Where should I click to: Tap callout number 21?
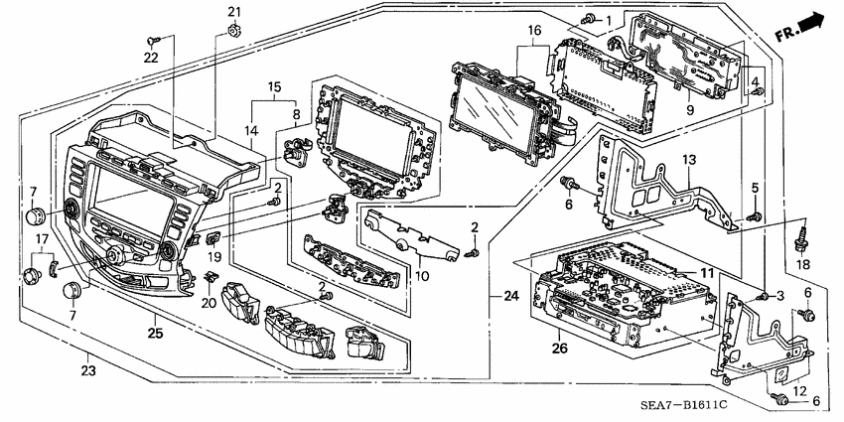point(234,12)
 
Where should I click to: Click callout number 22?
point(150,58)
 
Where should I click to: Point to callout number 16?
point(533,32)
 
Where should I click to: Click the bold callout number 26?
point(558,349)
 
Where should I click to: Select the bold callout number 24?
point(510,295)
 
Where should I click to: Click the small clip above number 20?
point(211,275)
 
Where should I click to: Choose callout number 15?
point(273,88)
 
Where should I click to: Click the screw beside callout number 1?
point(590,19)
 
